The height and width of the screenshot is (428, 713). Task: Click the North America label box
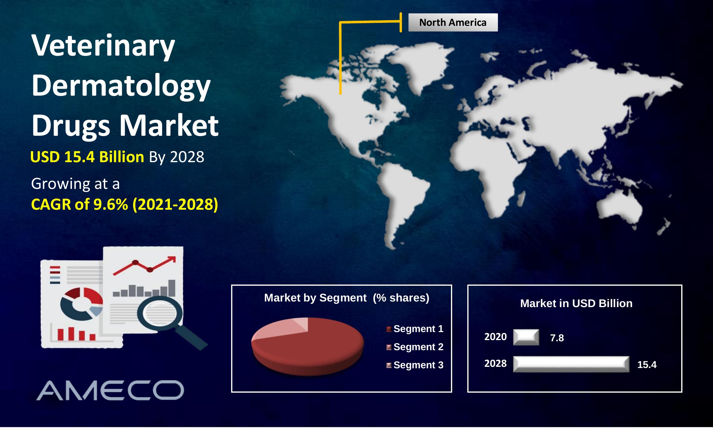click(453, 23)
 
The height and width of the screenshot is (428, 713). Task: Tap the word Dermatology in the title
click(121, 86)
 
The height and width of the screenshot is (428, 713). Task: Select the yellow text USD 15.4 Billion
click(87, 157)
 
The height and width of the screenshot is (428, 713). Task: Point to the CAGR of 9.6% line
click(124, 204)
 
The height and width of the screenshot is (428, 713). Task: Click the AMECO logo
click(110, 390)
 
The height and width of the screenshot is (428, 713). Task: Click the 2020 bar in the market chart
click(526, 337)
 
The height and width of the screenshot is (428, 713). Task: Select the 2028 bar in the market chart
click(571, 364)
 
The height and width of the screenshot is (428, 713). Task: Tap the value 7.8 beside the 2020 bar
click(557, 338)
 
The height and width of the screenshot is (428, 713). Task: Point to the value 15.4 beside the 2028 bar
click(647, 365)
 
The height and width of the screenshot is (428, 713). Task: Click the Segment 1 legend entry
click(415, 329)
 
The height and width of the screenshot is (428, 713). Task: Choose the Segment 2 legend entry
click(415, 347)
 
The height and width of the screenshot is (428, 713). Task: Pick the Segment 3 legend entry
click(415, 365)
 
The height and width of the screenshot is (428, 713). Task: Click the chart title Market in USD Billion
click(576, 303)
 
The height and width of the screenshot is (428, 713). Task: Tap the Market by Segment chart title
click(347, 298)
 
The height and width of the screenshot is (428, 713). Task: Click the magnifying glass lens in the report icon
click(160, 314)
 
